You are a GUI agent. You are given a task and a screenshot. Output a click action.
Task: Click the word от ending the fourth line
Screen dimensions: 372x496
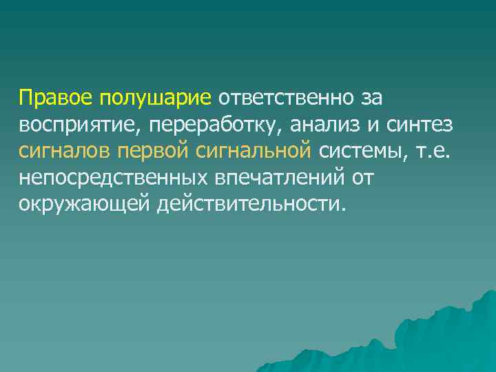click(x=362, y=178)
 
